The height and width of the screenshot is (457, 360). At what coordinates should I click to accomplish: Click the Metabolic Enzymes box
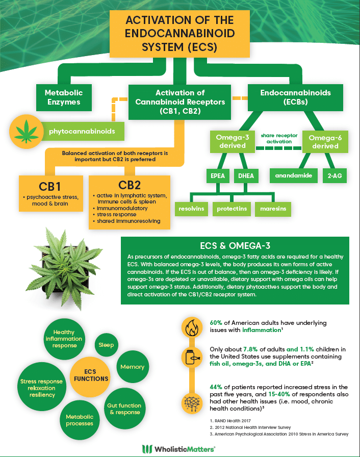click(64, 97)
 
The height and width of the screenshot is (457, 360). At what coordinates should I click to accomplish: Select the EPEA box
click(218, 176)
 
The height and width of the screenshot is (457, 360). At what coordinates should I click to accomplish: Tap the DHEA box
click(246, 176)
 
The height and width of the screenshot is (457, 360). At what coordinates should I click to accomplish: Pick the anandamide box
click(294, 175)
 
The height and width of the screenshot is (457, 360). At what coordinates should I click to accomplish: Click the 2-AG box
click(335, 176)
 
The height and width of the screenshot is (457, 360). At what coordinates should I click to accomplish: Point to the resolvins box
click(191, 209)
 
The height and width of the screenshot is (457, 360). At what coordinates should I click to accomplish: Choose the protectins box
click(232, 209)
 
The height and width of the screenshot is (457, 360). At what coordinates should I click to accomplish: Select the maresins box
click(273, 209)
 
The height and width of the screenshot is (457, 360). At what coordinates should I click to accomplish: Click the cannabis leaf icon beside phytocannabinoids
click(27, 132)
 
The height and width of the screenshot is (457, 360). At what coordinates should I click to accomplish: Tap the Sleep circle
click(106, 345)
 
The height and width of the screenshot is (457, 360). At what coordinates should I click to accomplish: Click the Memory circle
click(133, 367)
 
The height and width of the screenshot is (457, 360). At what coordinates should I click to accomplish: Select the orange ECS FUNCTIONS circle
click(90, 376)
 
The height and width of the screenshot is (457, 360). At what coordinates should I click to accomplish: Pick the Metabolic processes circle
click(80, 420)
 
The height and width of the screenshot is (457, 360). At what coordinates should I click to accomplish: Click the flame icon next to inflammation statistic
click(192, 327)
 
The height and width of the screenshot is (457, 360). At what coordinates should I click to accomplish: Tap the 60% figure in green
click(216, 323)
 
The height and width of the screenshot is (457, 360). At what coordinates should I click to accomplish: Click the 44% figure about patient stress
click(216, 387)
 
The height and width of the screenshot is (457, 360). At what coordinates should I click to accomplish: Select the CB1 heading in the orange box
click(50, 186)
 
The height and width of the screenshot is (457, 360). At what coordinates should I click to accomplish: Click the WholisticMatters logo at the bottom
click(178, 449)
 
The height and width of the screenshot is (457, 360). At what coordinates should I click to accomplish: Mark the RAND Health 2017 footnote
click(230, 421)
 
